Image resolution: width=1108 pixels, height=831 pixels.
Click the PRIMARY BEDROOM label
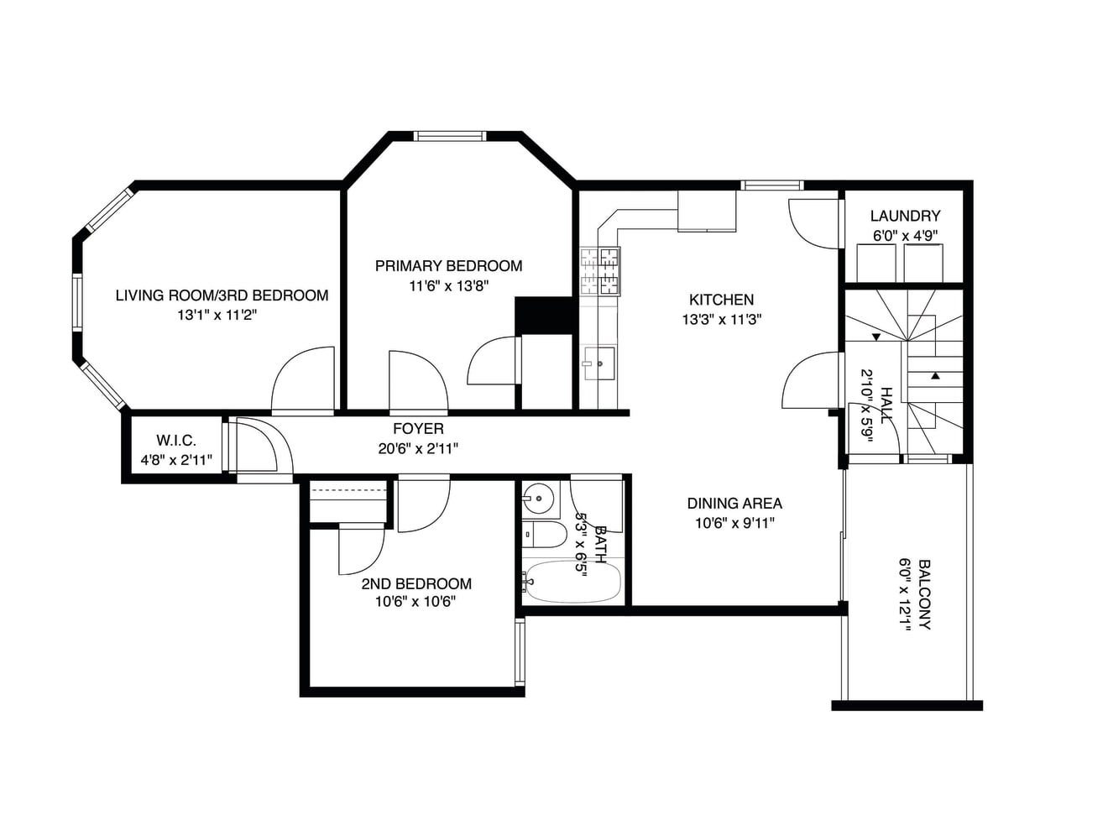[x=448, y=266]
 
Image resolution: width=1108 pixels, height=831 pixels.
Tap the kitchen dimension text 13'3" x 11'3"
[x=721, y=319]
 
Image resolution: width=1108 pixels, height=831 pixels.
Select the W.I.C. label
[x=175, y=441]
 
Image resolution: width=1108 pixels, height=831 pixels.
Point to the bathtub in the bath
[x=572, y=582]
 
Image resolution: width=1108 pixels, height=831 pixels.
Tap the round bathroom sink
[x=539, y=499]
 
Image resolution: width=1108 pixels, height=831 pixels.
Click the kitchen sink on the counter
[x=599, y=363]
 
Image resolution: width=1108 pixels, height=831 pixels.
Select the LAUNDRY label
[x=905, y=216]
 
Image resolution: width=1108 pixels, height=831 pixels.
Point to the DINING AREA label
[x=734, y=503]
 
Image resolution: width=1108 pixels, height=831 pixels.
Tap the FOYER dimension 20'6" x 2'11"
[x=418, y=448]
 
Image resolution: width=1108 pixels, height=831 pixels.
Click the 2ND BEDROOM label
[x=416, y=583]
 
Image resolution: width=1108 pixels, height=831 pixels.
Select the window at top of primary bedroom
[x=450, y=136]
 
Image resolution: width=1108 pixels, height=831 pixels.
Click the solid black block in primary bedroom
[x=543, y=316]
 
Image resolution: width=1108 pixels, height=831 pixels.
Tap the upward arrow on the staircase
[x=935, y=375]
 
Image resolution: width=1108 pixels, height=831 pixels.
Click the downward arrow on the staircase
[x=876, y=337]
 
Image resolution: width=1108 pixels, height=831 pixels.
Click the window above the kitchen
[x=771, y=186]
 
